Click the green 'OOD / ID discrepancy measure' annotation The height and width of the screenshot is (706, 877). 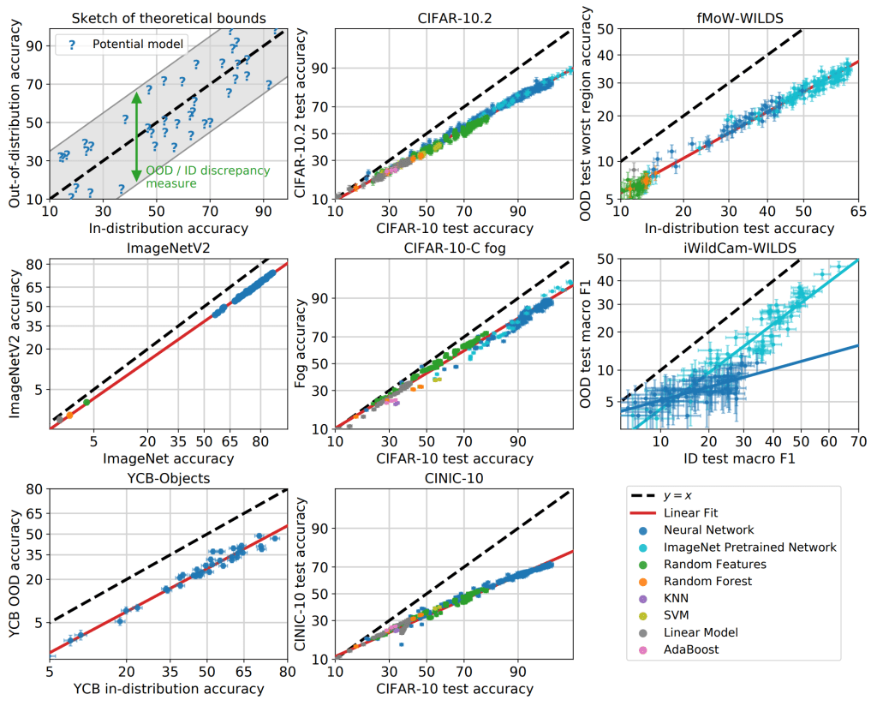207,176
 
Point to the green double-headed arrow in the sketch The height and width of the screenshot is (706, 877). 136,137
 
